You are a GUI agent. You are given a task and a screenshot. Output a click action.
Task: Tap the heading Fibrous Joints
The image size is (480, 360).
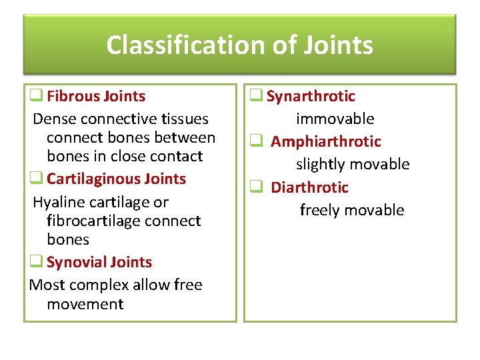pos(96,96)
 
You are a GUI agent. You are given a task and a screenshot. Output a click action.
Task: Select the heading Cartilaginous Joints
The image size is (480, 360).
pos(116,179)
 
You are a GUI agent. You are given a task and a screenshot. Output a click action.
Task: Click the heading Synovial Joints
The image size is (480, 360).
pos(99,262)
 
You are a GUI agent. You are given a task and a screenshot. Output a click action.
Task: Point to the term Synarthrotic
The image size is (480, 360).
pos(311,96)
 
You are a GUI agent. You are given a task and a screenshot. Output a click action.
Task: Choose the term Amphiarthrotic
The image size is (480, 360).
pos(326,141)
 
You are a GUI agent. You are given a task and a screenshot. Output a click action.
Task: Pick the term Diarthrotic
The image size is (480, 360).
pos(309,187)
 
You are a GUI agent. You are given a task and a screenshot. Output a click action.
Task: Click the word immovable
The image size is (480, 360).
pos(335,119)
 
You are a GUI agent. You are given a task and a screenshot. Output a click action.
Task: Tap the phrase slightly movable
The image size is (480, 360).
pos(353,164)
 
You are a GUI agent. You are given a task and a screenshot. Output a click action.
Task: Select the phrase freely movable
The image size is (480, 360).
pos(352,210)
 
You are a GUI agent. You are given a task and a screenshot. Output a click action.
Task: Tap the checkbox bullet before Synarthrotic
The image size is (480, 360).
pos(256,96)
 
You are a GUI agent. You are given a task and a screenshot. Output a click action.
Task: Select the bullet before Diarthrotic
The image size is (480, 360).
pos(256,187)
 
